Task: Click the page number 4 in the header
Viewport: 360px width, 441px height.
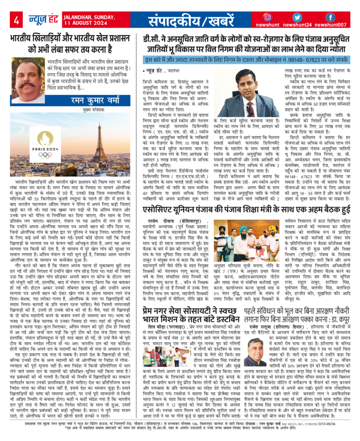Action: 16,20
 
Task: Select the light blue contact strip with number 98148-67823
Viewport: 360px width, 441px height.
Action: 247,61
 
